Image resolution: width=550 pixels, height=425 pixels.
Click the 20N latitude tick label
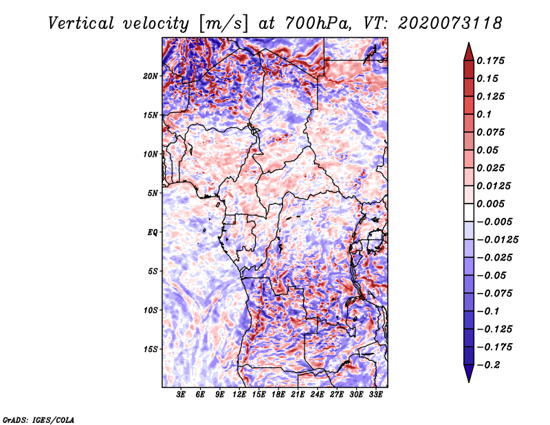pyautogui.click(x=151, y=76)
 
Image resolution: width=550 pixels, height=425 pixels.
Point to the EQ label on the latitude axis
pyautogui.click(x=153, y=232)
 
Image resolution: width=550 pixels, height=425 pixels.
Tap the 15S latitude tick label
pyautogui.click(x=151, y=349)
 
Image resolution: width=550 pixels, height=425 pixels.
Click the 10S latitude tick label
pyautogui.click(x=151, y=310)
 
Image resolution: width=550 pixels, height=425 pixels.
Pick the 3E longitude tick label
pyautogui.click(x=181, y=395)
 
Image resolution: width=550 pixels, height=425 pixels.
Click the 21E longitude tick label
pyautogui.click(x=298, y=395)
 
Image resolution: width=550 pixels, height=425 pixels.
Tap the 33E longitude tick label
pyautogui.click(x=375, y=395)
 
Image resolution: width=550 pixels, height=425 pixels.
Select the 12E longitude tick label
pyautogui.click(x=240, y=395)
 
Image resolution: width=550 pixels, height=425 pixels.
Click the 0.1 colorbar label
pyautogui.click(x=485, y=114)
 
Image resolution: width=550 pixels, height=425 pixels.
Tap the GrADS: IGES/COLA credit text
pyautogui.click(x=38, y=419)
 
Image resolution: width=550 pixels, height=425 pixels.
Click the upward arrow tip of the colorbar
pyautogui.click(x=468, y=45)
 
